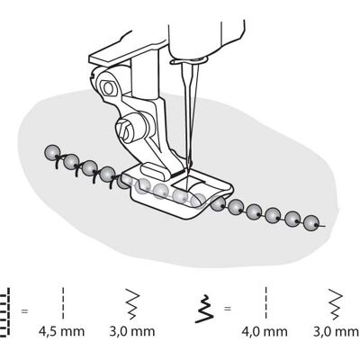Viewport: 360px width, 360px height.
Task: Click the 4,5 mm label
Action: click(x=61, y=331)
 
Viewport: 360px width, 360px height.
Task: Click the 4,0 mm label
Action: click(x=265, y=331)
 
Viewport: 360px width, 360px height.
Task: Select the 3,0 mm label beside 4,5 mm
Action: click(x=132, y=331)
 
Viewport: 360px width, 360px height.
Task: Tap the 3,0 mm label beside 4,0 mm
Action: click(x=336, y=331)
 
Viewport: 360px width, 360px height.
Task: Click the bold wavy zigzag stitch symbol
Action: click(x=204, y=309)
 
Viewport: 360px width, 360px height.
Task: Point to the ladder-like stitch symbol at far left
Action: click(x=5, y=312)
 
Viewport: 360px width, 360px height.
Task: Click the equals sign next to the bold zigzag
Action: click(x=228, y=308)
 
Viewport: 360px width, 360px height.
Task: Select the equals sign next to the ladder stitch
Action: click(x=24, y=311)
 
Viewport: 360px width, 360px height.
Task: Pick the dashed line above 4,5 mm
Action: click(x=63, y=303)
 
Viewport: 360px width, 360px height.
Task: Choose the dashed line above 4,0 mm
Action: click(x=266, y=302)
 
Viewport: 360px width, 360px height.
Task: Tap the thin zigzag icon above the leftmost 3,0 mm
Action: click(x=132, y=304)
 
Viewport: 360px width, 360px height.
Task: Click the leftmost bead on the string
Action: click(x=53, y=152)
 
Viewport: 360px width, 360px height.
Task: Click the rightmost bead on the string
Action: click(x=310, y=224)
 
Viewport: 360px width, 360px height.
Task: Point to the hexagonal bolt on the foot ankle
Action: click(x=108, y=88)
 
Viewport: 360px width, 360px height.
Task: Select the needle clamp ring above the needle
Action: click(x=188, y=61)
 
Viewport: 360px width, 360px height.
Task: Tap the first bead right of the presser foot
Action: click(x=218, y=204)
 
